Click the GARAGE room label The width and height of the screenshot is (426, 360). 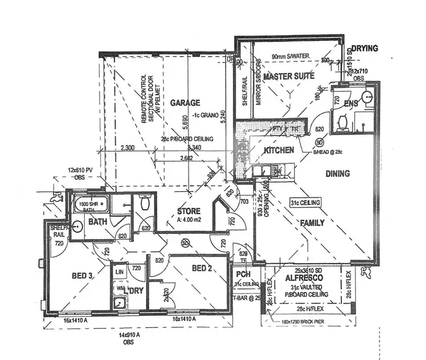[185, 103]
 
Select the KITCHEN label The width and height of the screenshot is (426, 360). [278, 150]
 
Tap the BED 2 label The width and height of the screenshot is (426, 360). [202, 267]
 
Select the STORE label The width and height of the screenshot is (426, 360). [189, 212]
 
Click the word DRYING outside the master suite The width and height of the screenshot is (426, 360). [364, 48]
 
